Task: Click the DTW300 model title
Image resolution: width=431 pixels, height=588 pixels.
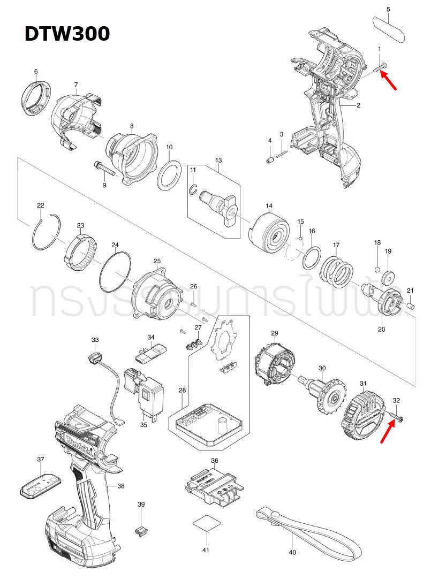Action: coord(67,34)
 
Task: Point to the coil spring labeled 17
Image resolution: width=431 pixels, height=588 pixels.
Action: coord(337,271)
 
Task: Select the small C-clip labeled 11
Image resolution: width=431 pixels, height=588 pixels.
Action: coord(195,187)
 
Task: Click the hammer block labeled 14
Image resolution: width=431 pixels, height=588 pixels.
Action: coord(271,232)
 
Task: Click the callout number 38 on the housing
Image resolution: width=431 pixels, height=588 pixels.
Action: coord(120,486)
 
